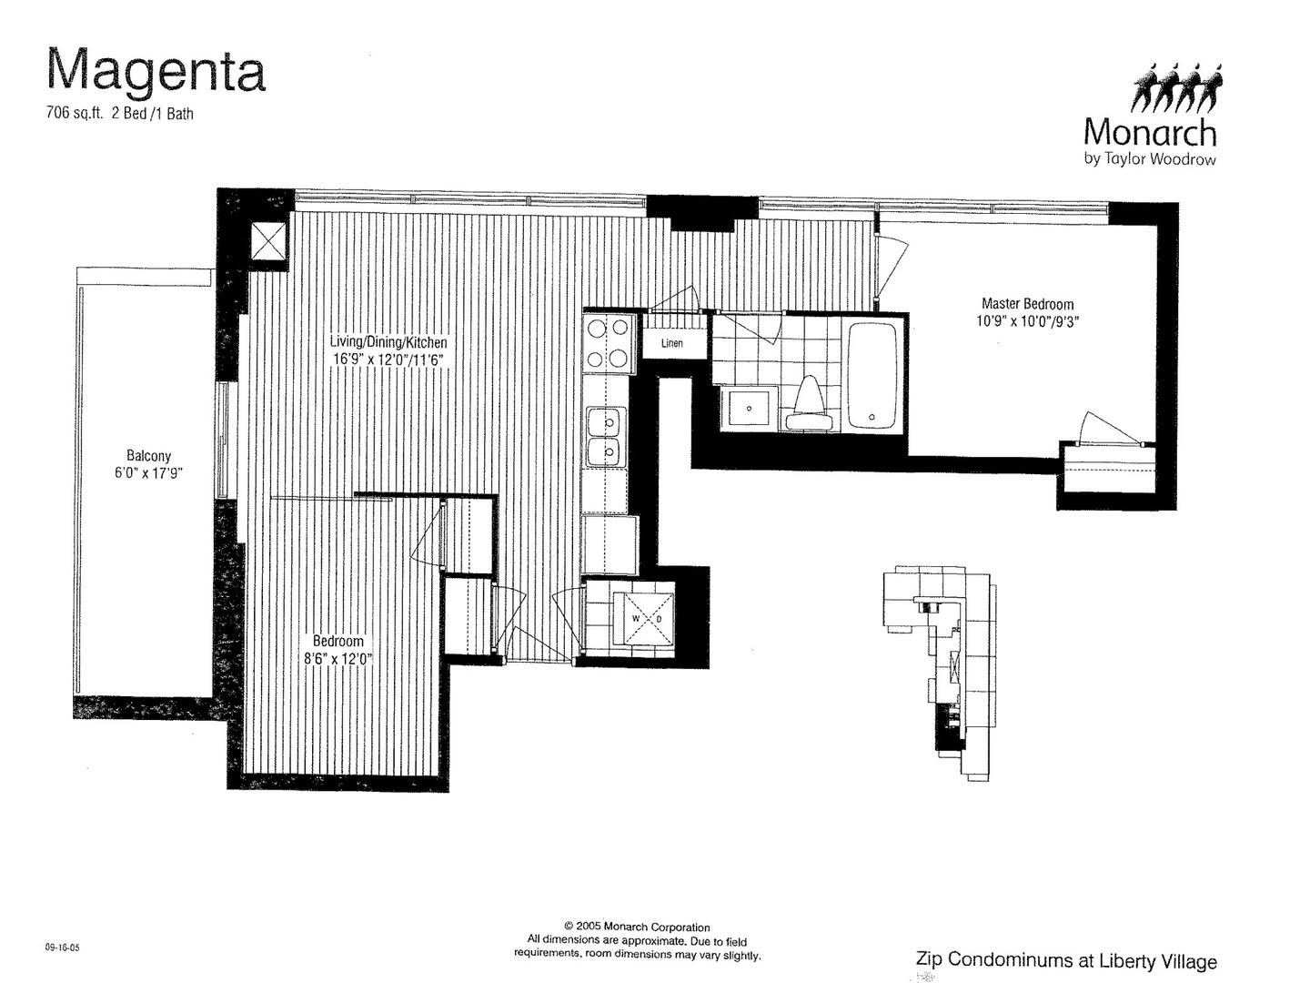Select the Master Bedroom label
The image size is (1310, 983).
(x=1027, y=304)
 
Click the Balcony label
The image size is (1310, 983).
(x=148, y=456)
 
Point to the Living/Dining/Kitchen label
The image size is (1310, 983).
(x=388, y=342)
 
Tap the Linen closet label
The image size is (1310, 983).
(x=672, y=343)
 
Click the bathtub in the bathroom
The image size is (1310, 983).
(x=872, y=376)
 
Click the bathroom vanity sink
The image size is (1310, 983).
(x=749, y=409)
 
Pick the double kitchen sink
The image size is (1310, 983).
(x=607, y=436)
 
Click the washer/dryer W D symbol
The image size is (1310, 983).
(x=647, y=619)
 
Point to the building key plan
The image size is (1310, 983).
(x=939, y=675)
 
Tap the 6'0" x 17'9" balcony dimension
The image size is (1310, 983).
(x=148, y=473)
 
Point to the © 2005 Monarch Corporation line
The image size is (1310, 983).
(x=637, y=927)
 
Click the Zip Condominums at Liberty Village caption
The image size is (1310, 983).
(x=1066, y=960)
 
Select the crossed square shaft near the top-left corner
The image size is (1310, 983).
(x=268, y=241)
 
